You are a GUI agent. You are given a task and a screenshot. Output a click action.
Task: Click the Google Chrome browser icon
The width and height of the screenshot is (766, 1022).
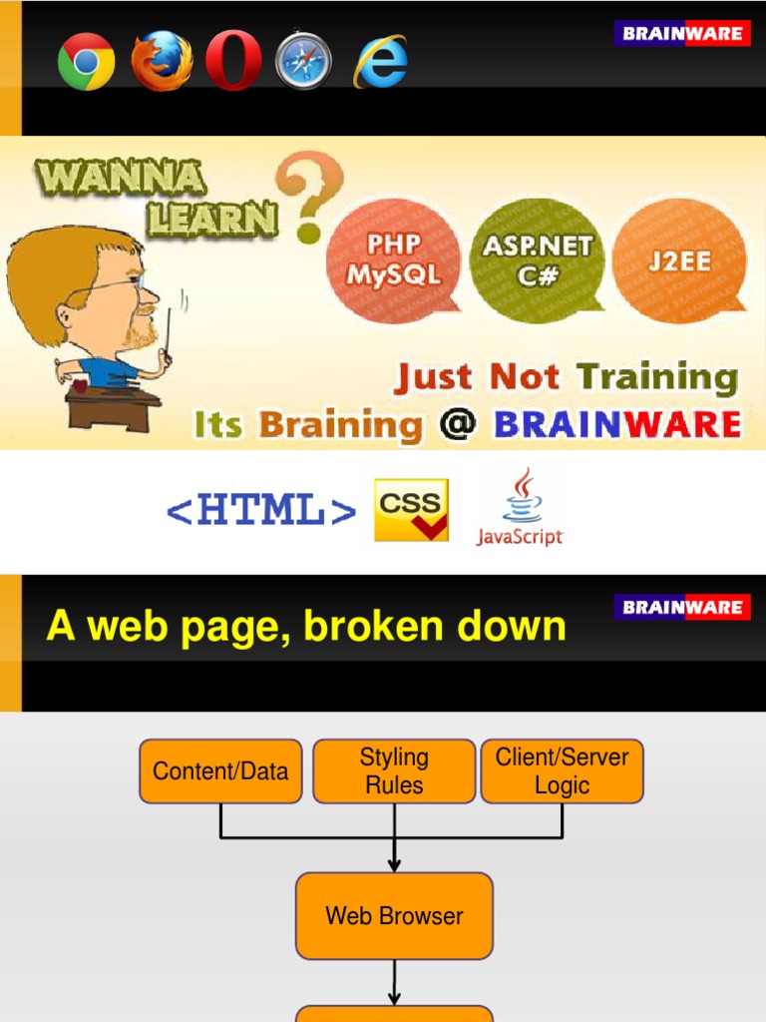86,62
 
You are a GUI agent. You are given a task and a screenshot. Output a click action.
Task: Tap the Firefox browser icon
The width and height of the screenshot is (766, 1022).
162,62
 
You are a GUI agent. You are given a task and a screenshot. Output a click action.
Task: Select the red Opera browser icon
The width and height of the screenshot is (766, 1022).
233,62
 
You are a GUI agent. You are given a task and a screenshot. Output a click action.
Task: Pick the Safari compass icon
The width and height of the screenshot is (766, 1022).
303,62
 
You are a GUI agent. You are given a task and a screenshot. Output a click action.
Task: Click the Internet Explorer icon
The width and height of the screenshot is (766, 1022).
380,62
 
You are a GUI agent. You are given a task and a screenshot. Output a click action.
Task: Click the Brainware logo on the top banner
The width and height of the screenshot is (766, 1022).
682,33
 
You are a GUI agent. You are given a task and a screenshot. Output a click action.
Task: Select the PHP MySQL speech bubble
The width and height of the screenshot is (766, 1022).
394,259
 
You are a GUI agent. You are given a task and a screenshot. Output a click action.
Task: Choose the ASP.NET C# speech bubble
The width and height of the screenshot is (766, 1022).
538,259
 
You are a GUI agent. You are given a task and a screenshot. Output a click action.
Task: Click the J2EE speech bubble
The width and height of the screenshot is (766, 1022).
678,259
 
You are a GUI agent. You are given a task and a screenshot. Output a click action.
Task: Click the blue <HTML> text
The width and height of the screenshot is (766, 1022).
261,511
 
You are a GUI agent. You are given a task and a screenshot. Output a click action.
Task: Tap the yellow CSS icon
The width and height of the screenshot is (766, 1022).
411,510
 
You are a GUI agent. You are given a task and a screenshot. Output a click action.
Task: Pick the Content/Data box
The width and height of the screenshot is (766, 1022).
220,770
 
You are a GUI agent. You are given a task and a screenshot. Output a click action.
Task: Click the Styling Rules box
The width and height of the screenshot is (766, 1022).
394,770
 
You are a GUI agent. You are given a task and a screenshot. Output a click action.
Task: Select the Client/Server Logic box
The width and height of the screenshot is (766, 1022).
563,770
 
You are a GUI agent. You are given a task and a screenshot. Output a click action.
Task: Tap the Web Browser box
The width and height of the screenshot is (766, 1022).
394,915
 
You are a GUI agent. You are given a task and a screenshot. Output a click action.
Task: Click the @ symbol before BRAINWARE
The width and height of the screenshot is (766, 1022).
458,425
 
